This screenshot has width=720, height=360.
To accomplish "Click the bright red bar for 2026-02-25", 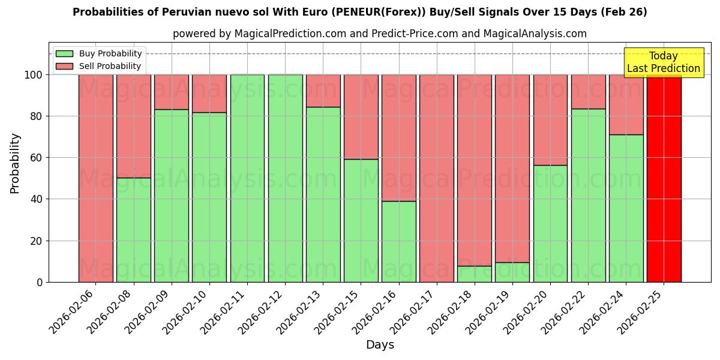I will click(x=664, y=178).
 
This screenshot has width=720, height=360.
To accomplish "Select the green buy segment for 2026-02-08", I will click(x=134, y=230).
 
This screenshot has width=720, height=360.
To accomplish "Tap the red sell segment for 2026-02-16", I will click(x=399, y=137).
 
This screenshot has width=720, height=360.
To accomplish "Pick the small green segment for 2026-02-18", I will click(x=475, y=274).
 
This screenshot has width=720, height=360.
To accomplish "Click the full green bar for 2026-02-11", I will click(x=247, y=178).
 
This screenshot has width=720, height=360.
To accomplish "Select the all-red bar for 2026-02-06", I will click(x=96, y=178).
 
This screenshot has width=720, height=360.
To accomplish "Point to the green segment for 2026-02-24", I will click(x=626, y=208).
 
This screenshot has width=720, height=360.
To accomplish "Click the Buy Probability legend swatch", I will click(x=64, y=53).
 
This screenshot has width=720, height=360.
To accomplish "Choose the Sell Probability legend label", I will click(x=110, y=66).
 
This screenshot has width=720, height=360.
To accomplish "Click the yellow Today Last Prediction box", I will click(x=663, y=62).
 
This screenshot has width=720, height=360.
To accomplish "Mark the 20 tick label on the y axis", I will click(x=37, y=241).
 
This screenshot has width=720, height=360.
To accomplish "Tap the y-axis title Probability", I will click(x=15, y=163).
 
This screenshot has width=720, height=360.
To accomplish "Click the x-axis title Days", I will click(x=380, y=345).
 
